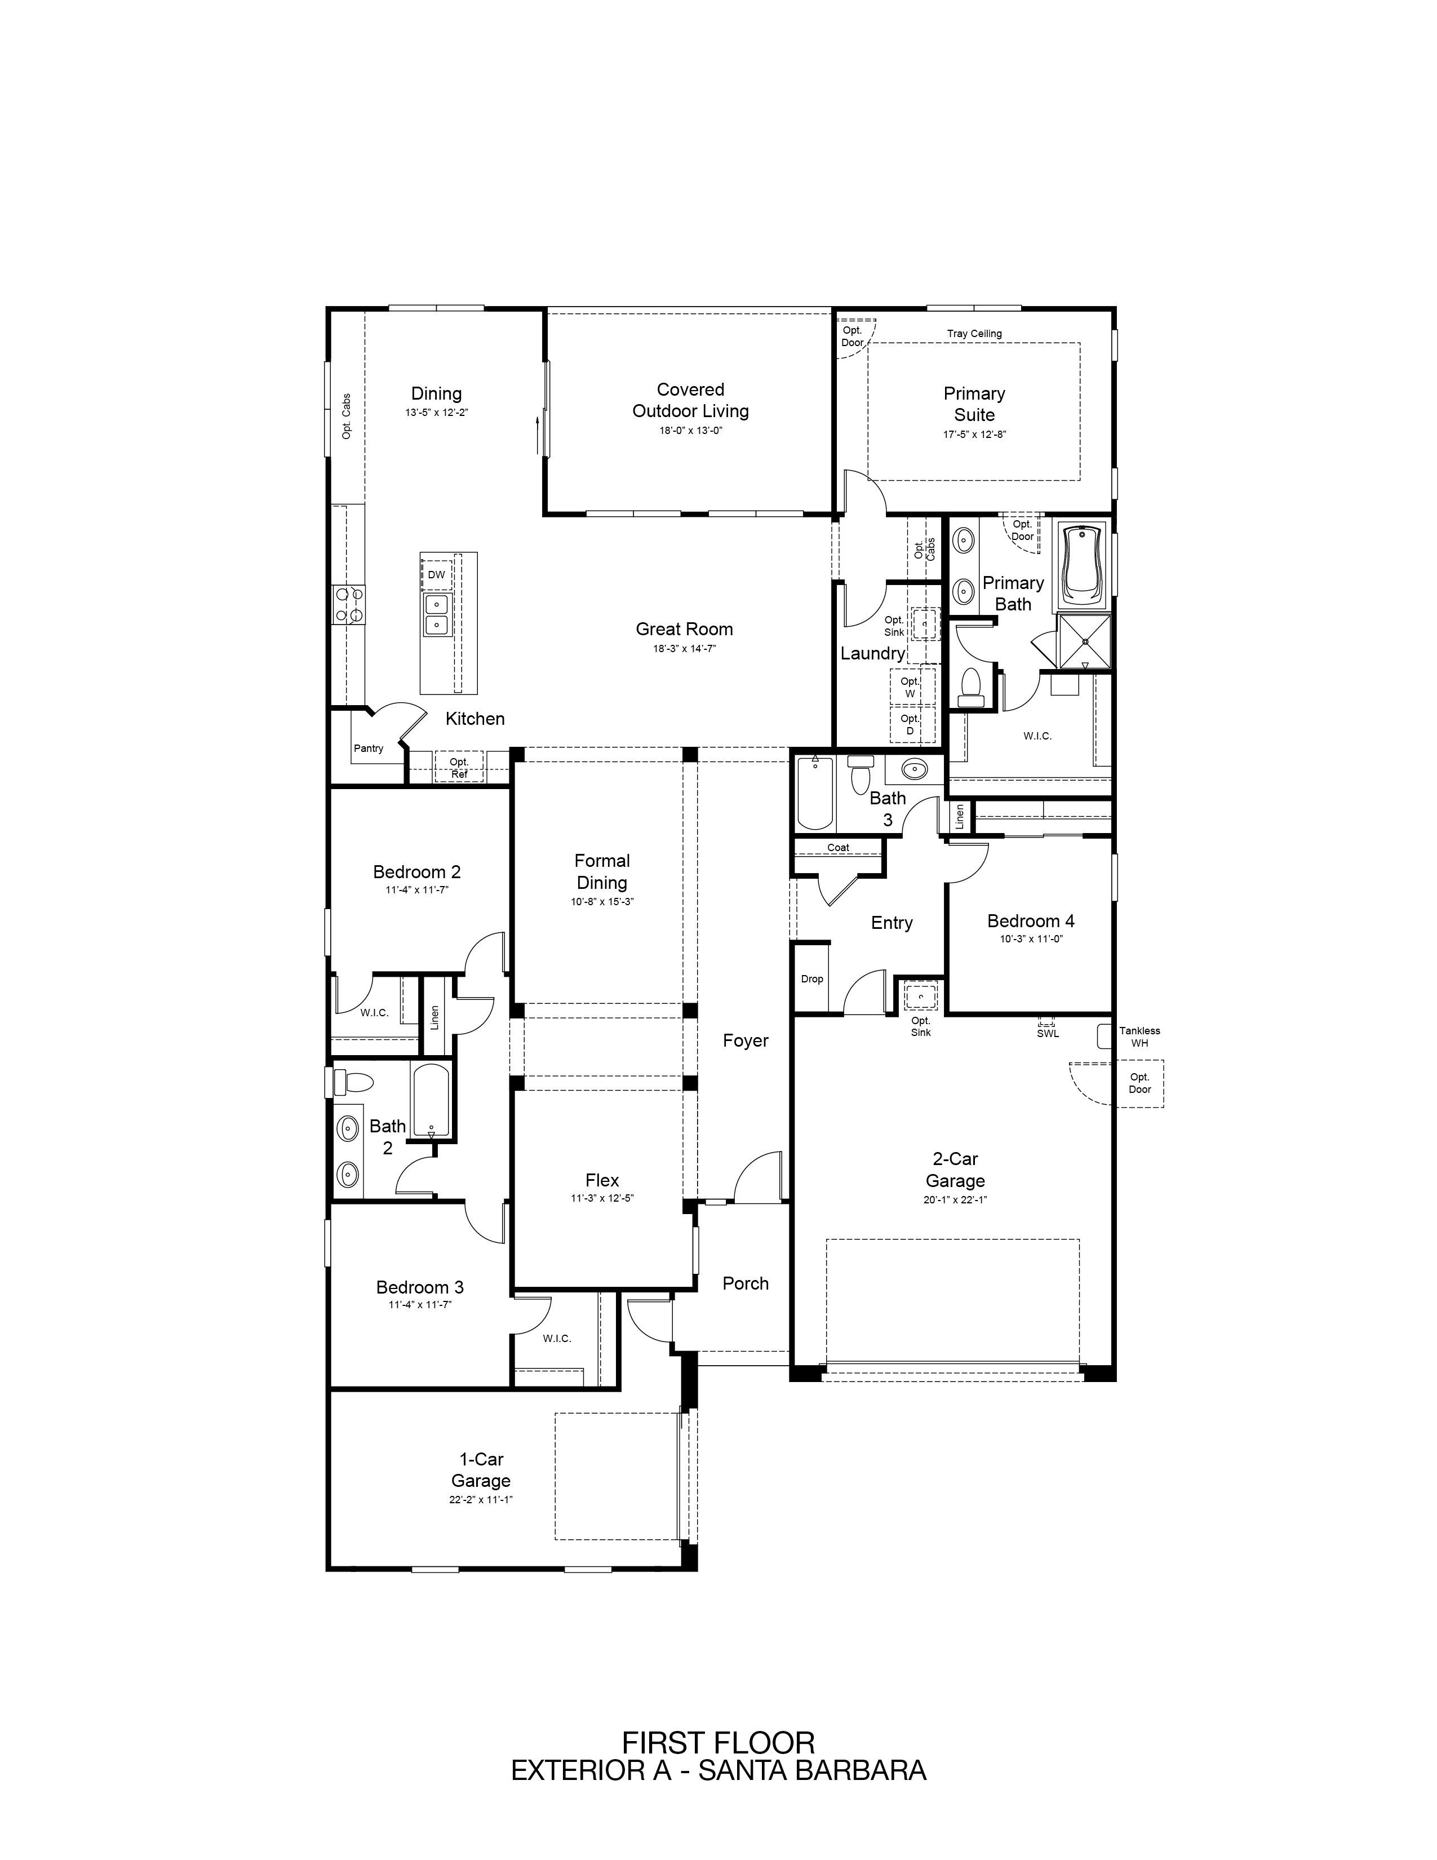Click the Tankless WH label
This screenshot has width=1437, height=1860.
(1139, 1037)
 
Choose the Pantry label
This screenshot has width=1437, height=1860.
(369, 749)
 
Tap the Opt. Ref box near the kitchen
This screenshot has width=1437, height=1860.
(459, 767)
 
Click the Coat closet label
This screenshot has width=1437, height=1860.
(839, 847)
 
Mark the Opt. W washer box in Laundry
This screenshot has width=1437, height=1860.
(910, 687)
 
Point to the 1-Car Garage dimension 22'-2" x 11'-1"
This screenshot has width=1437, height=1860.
(481, 1499)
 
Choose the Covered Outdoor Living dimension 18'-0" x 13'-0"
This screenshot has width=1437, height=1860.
(690, 431)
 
